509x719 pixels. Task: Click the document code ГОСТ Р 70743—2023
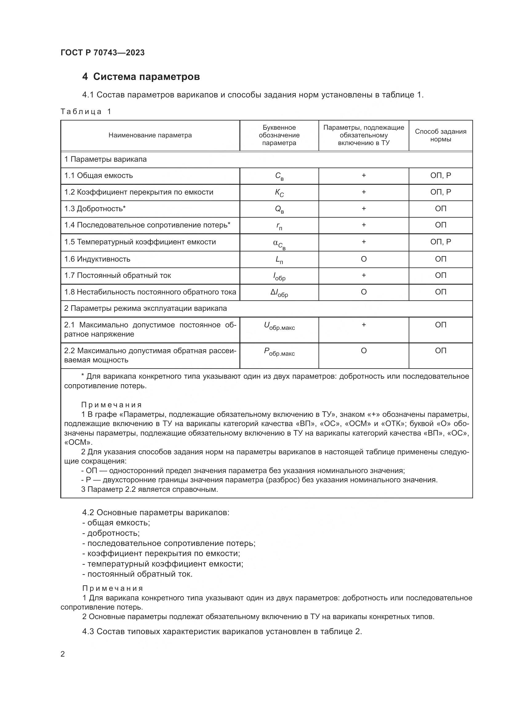pyautogui.click(x=102, y=53)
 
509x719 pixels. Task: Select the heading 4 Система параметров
pyautogui.click(x=141, y=77)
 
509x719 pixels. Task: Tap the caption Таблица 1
pyautogui.click(x=86, y=112)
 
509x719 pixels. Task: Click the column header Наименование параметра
pyautogui.click(x=150, y=135)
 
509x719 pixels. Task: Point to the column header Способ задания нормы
pyautogui.click(x=440, y=135)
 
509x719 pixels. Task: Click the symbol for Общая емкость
pyautogui.click(x=279, y=176)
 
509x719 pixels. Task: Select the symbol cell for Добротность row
pyautogui.click(x=279, y=210)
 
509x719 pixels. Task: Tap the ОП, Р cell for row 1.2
pyautogui.click(x=440, y=192)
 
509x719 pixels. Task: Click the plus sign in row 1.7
pyautogui.click(x=363, y=275)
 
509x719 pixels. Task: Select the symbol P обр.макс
pyautogui.click(x=279, y=352)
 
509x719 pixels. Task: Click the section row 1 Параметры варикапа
pyautogui.click(x=105, y=160)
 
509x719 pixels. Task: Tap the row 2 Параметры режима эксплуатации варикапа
pyautogui.click(x=146, y=308)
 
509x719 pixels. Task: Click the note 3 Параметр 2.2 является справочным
pyautogui.click(x=150, y=489)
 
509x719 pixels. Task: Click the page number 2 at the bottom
pyautogui.click(x=63, y=654)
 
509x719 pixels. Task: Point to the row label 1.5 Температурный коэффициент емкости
pyautogui.click(x=140, y=242)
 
